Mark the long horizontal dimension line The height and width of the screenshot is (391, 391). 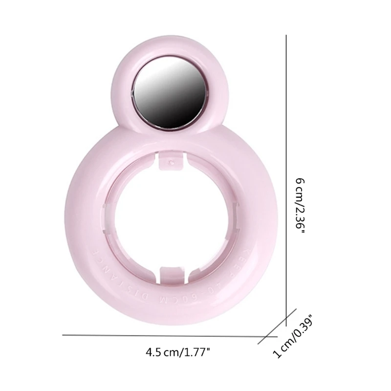tap(161, 335)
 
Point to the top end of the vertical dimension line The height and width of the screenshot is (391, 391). tap(286, 35)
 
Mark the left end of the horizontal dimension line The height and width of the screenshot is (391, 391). tap(64, 335)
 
